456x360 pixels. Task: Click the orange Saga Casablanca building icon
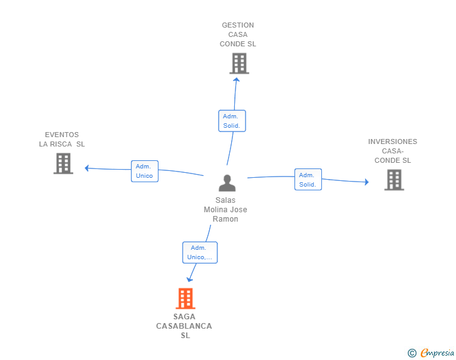[185, 299]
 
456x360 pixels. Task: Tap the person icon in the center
[227, 183]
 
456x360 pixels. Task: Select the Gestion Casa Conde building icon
[239, 63]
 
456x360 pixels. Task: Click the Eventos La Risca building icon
[63, 163]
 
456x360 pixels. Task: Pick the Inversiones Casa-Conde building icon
[394, 180]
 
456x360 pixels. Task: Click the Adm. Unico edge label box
[145, 171]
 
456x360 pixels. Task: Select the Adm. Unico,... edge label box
[200, 252]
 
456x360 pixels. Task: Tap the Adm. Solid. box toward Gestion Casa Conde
[232, 121]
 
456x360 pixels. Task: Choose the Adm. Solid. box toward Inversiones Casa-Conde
[308, 180]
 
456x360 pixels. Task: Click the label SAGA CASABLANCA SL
[184, 326]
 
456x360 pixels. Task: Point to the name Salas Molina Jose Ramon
[225, 210]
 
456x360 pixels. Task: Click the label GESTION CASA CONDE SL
[238, 35]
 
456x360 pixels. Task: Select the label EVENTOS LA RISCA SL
[62, 139]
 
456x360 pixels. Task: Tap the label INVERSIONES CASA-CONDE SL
[393, 151]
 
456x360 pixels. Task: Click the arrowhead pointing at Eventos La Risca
[87, 168]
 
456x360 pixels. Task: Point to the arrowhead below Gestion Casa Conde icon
[236, 79]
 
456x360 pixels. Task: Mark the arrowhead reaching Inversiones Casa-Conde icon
[366, 182]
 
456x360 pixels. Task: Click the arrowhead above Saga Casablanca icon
[190, 279]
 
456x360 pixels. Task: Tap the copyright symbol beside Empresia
[412, 353]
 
